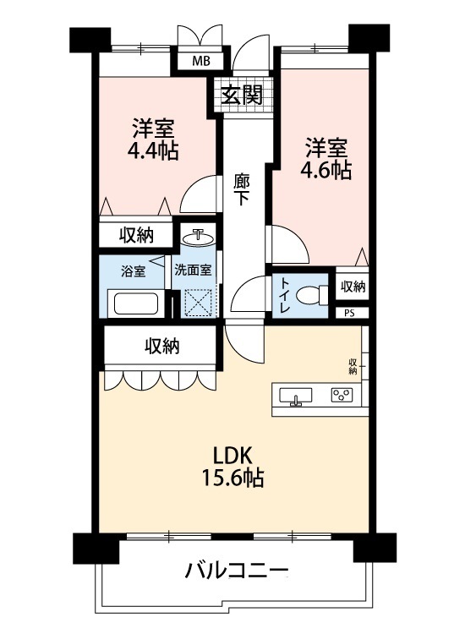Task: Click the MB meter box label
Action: tap(201, 62)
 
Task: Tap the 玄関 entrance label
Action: tap(242, 96)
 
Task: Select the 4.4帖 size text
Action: tap(153, 151)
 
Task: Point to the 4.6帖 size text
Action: tap(325, 171)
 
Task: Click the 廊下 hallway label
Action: tap(242, 189)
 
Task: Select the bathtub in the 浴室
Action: tap(136, 303)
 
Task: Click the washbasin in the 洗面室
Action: tap(198, 237)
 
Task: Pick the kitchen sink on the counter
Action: tap(296, 396)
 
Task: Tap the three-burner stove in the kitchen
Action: tap(342, 395)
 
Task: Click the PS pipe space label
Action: tap(349, 314)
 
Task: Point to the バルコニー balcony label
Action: tap(237, 571)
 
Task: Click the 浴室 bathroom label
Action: tap(133, 271)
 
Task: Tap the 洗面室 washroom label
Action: tap(193, 271)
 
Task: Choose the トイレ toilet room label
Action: tap(285, 296)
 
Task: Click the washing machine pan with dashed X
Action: tap(198, 302)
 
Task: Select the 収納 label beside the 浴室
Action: tap(136, 235)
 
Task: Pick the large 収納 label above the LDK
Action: tap(162, 347)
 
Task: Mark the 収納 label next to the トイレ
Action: tap(353, 287)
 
